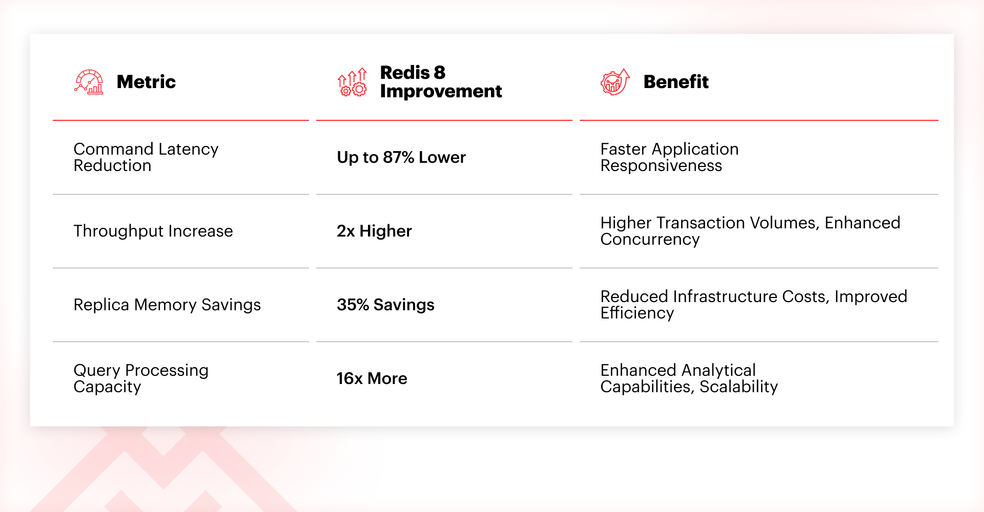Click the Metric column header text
[x=146, y=82]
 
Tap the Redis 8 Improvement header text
[x=441, y=81]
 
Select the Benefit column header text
[x=676, y=82]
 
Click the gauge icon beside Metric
[x=89, y=82]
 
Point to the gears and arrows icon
[x=352, y=82]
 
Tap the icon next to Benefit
[x=615, y=82]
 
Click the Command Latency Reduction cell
[x=146, y=157]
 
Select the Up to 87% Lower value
[x=401, y=157]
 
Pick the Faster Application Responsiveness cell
[x=669, y=157]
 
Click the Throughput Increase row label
[x=153, y=231]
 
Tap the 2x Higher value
[x=374, y=231]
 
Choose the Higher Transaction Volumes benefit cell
[x=750, y=231]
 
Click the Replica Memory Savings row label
[x=167, y=305]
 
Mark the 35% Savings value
[x=385, y=305]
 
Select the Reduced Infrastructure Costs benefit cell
[x=754, y=305]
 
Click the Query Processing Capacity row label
[x=141, y=378]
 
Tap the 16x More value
[x=372, y=378]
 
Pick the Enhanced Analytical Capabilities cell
[x=689, y=378]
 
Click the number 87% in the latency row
[x=398, y=157]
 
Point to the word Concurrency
[x=650, y=240]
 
